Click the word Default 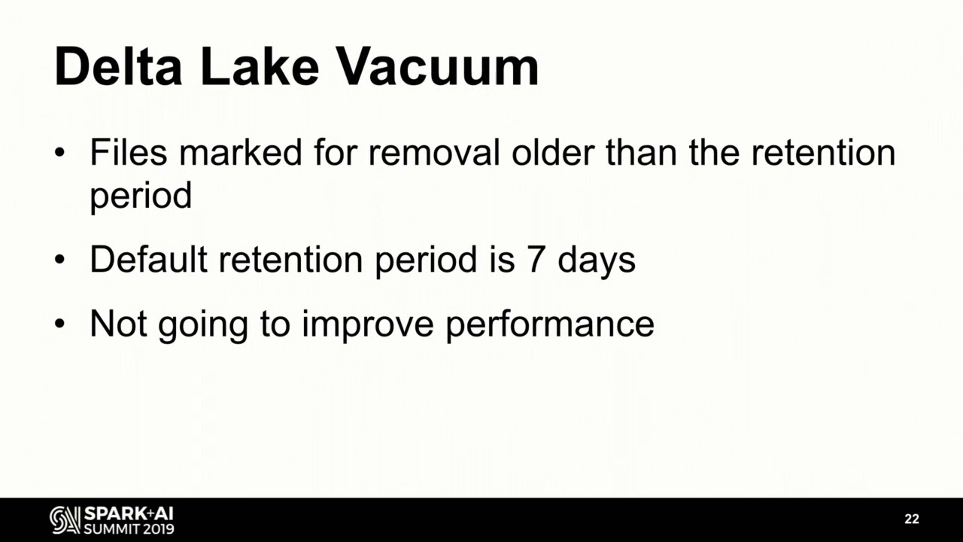pos(148,260)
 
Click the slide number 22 pos(912,519)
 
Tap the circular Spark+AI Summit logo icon pos(65,519)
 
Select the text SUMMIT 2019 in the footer pos(129,528)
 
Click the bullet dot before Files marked pos(60,154)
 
